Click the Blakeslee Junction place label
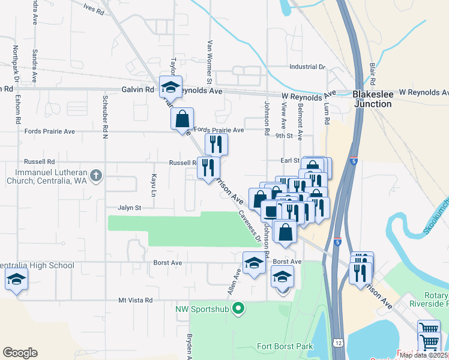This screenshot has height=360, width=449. pyautogui.click(x=373, y=99)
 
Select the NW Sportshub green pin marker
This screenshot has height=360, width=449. pyautogui.click(x=239, y=309)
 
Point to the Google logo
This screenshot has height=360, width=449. pyautogui.click(x=20, y=353)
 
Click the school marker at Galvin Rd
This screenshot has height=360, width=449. pyautogui.click(x=171, y=88)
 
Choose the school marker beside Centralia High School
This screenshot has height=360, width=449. pyautogui.click(x=16, y=279)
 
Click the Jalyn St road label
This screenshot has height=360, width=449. pyautogui.click(x=129, y=208)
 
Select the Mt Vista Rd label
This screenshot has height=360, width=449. pyautogui.click(x=136, y=300)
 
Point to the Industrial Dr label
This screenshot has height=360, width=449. pyautogui.click(x=307, y=67)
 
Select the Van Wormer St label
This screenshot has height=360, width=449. pyautogui.click(x=209, y=61)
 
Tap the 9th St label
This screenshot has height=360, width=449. pyautogui.click(x=283, y=136)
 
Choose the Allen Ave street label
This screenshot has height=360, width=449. pyautogui.click(x=234, y=282)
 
